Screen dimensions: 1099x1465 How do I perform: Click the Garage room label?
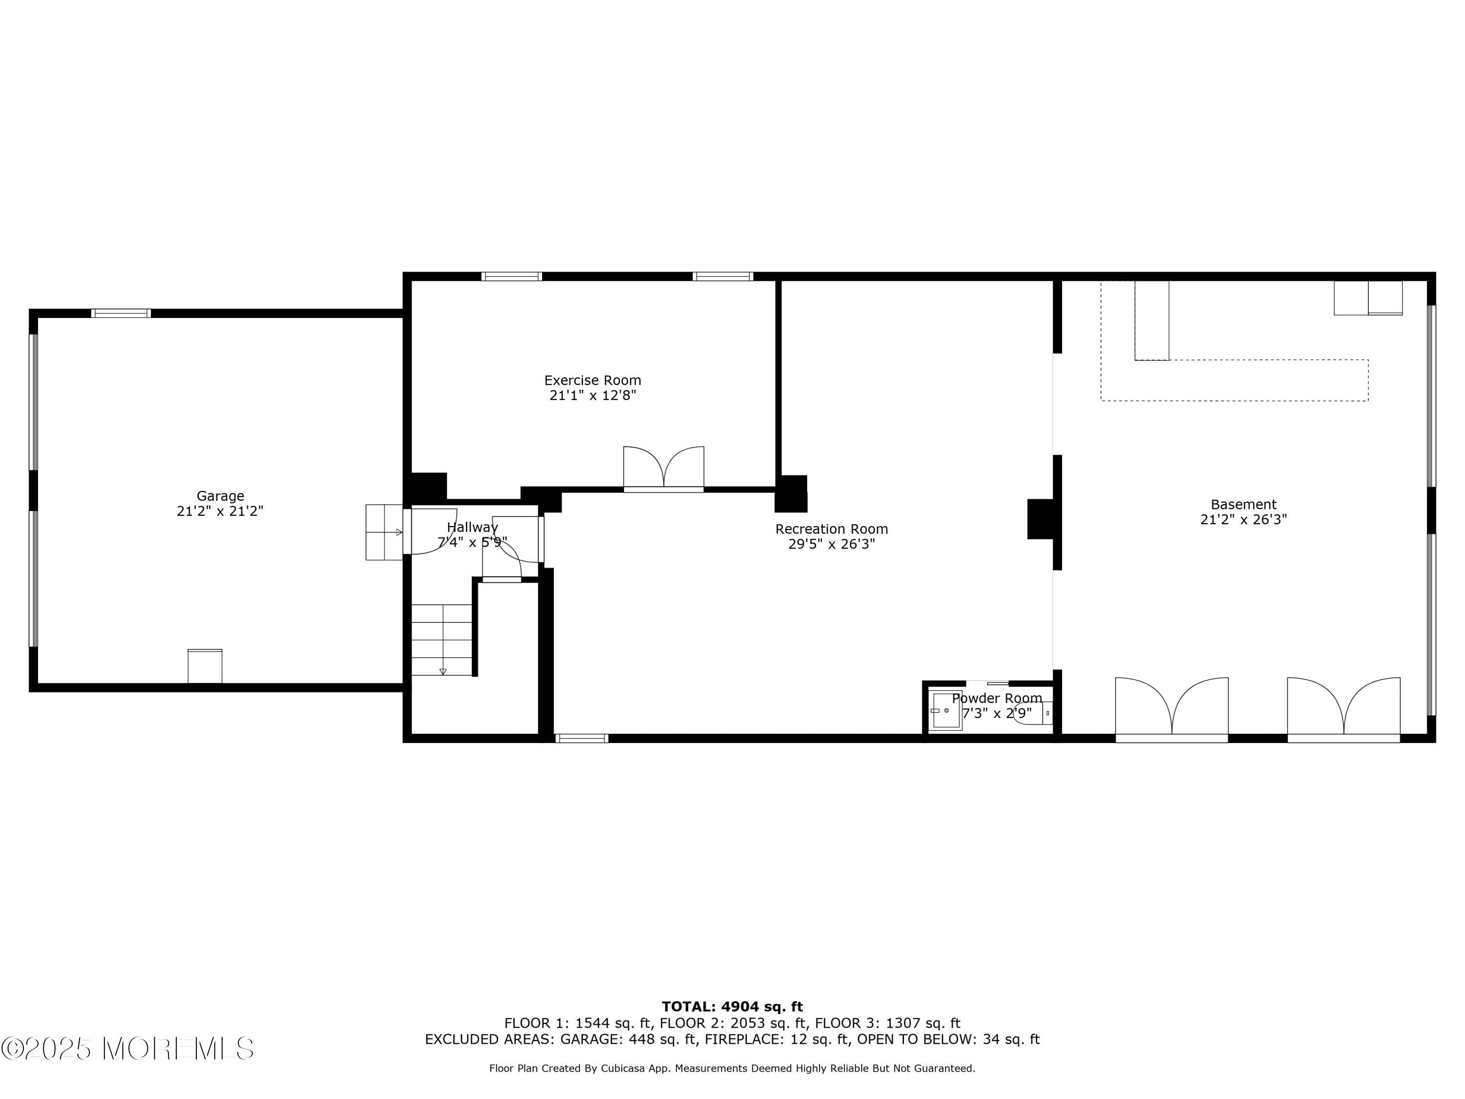tap(220, 495)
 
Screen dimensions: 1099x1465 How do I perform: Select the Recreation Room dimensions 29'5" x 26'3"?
tap(831, 544)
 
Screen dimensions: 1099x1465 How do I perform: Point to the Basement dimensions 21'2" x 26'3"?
tap(1243, 519)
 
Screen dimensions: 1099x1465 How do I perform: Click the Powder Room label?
tap(997, 698)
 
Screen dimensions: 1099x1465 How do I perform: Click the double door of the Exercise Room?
tap(663, 468)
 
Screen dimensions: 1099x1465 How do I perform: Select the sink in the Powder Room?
tap(946, 710)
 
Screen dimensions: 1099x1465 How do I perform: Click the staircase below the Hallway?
tap(442, 639)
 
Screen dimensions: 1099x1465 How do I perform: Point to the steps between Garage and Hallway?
tap(384, 532)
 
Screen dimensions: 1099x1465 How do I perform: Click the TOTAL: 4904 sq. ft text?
tap(732, 1007)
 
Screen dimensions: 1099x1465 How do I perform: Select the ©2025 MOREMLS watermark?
tap(127, 1049)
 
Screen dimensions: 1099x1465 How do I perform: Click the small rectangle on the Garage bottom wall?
tap(205, 666)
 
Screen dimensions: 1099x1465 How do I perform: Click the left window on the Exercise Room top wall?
tap(511, 276)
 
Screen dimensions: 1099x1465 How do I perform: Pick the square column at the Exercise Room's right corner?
tap(791, 493)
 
